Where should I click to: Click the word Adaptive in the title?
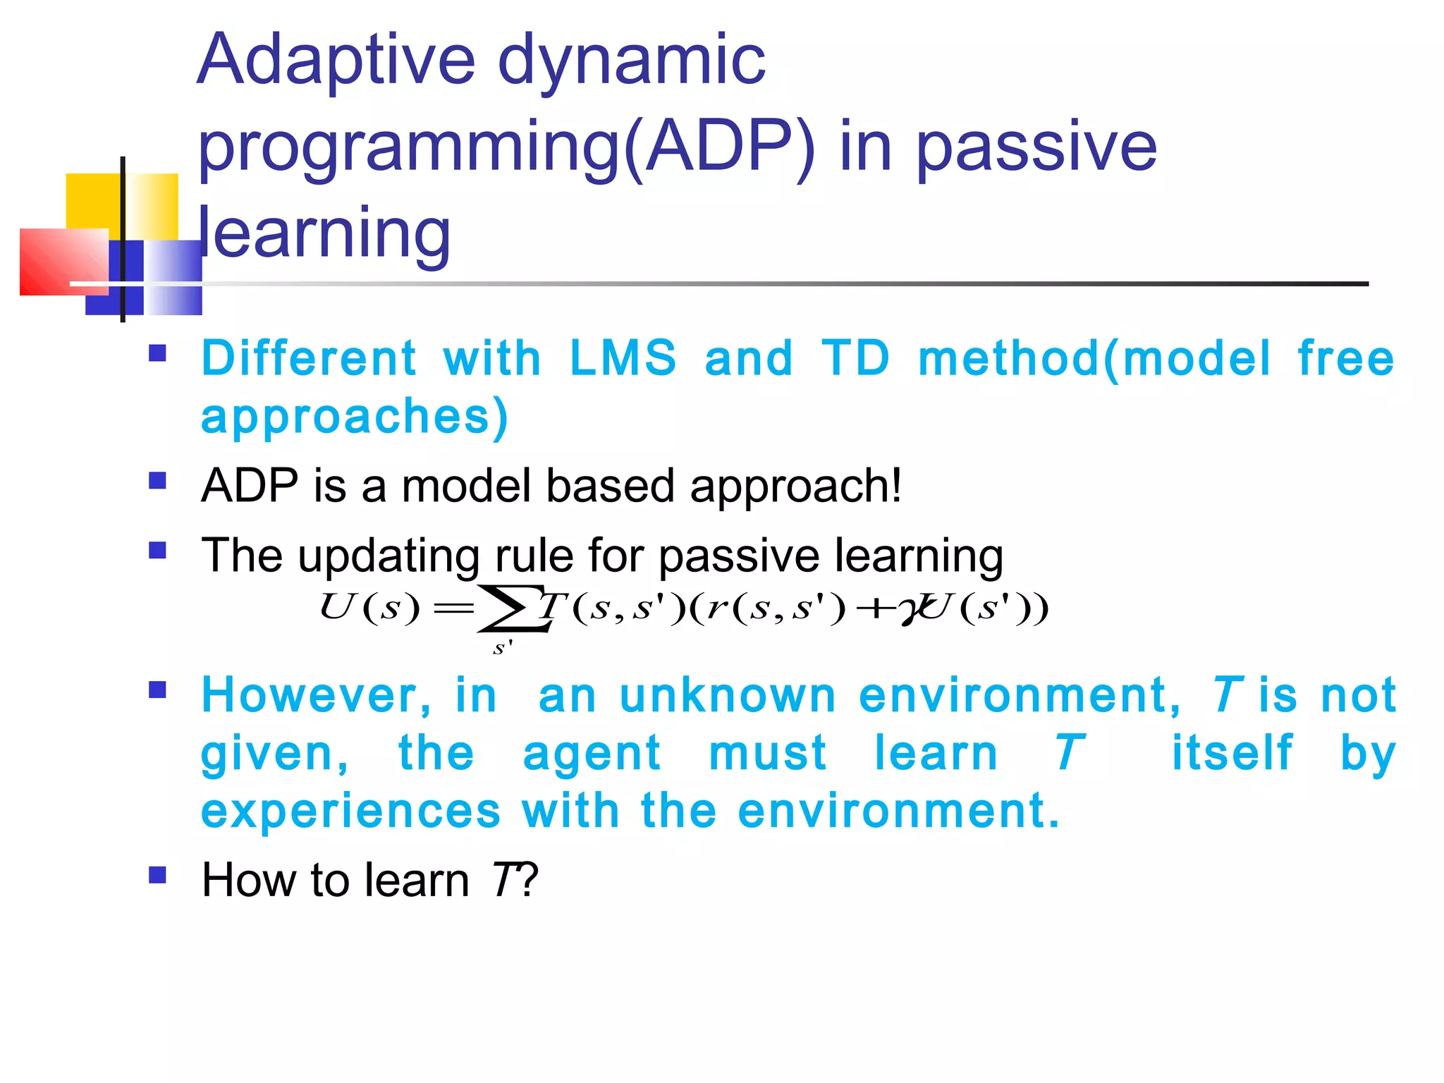coord(336,62)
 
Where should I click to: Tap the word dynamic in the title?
coord(631,62)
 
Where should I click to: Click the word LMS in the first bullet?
coord(622,358)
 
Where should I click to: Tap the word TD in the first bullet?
coord(855,358)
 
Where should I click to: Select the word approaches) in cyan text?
coord(354,416)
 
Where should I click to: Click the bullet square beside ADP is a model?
coord(157,481)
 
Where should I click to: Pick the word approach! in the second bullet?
coord(795,487)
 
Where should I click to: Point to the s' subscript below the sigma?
coord(502,647)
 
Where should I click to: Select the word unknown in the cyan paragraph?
coord(728,696)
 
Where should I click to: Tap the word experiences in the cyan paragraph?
coord(350,811)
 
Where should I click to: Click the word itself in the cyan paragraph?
coord(1232,753)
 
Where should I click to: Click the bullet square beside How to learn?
coord(157,875)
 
